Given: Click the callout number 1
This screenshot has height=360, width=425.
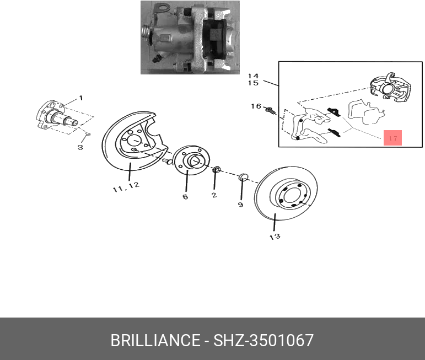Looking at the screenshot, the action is tap(81, 98).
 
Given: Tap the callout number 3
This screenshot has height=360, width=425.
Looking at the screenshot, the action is tap(80, 147).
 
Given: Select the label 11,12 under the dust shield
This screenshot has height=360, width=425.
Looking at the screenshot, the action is tap(126, 187).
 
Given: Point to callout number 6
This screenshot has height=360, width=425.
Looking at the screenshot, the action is tap(185, 197).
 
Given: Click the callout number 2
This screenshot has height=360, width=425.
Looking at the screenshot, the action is tap(214, 195).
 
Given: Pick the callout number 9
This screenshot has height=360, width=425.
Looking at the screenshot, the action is tap(241, 205).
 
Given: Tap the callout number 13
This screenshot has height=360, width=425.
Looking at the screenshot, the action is tap(275, 237).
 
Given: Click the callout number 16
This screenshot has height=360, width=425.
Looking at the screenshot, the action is tap(256, 106).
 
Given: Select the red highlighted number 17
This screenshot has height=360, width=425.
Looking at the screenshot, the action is tap(392, 138).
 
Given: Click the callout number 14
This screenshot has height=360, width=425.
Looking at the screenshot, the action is tap(254, 76).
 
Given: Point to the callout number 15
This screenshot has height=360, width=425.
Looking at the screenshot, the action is tap(254, 83).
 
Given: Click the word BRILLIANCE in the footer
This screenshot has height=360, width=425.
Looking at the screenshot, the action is tap(155, 340).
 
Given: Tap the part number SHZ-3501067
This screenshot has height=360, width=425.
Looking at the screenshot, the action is tap(263, 340).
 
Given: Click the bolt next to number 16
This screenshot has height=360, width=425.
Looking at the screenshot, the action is tap(271, 110).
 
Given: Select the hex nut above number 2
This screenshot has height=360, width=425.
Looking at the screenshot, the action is tap(217, 170).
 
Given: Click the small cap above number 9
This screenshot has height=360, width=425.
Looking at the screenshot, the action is tap(243, 178).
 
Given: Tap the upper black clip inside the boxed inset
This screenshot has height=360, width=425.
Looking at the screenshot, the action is tap(334, 112).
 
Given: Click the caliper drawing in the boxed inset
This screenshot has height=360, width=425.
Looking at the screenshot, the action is tap(391, 87).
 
